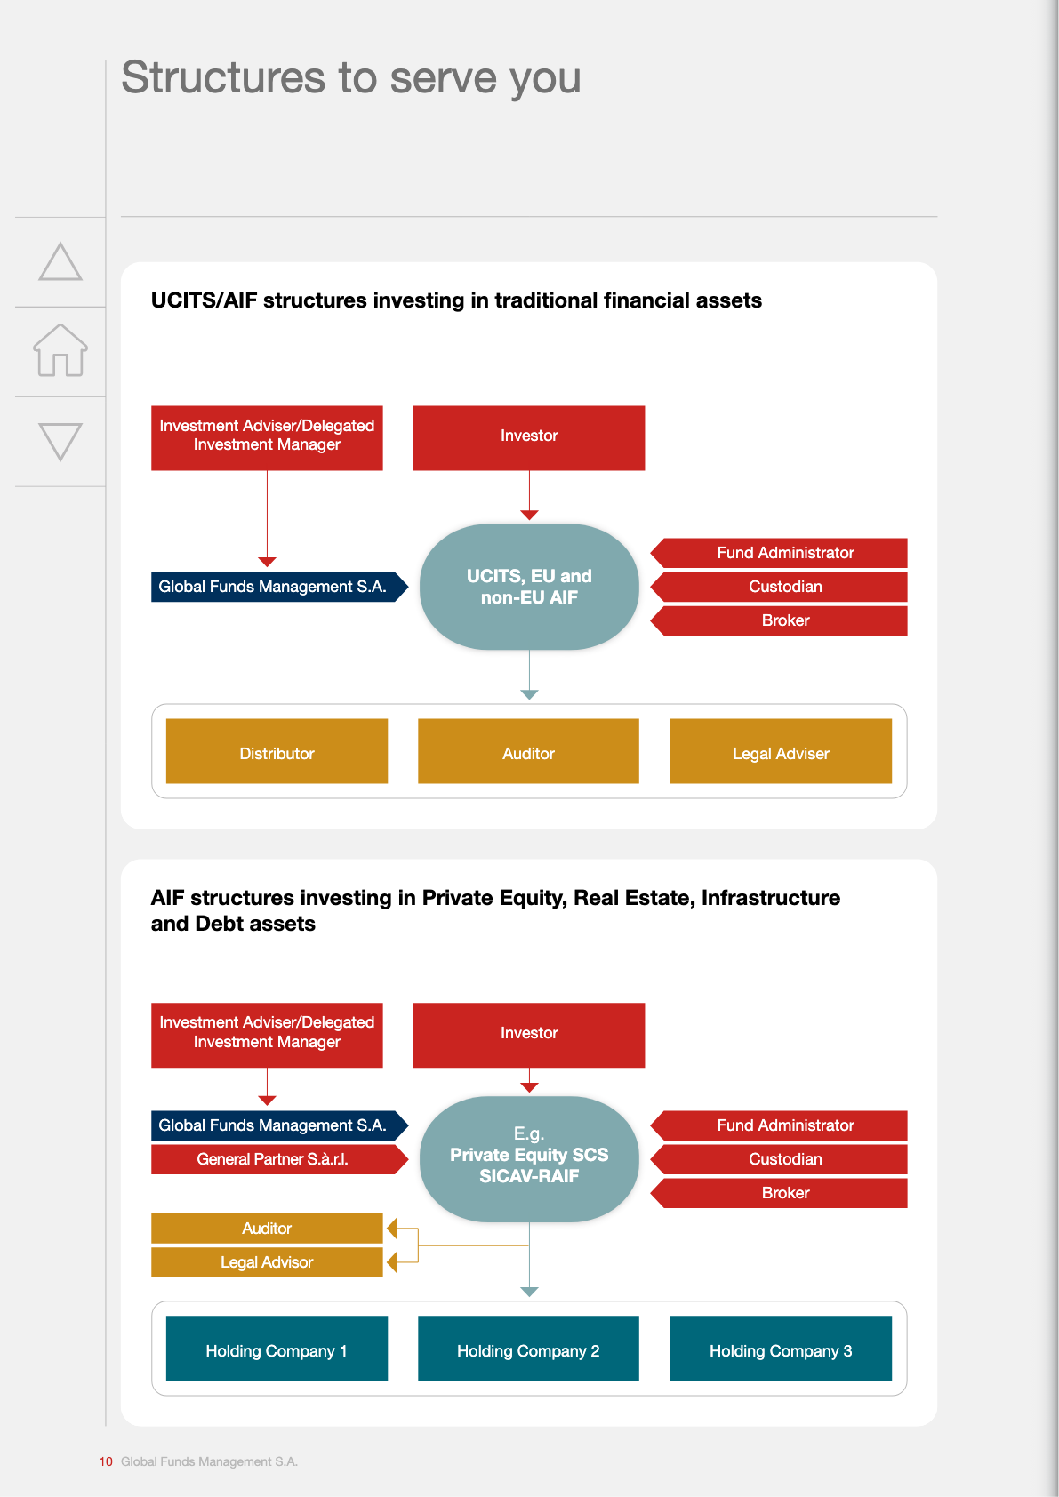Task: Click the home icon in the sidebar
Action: (x=60, y=351)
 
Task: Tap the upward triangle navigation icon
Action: (x=60, y=261)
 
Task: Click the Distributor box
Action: (x=277, y=751)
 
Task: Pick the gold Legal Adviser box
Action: (x=781, y=751)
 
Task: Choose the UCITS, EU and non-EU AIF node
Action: (x=529, y=587)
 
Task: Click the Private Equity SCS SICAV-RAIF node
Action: (x=529, y=1159)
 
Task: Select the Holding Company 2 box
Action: (x=528, y=1349)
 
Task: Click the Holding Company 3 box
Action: (x=781, y=1349)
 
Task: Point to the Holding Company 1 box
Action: (x=277, y=1349)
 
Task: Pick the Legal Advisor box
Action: (x=267, y=1262)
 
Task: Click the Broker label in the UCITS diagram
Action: (x=785, y=620)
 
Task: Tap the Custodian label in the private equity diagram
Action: (x=785, y=1159)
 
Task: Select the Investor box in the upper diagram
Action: (x=529, y=437)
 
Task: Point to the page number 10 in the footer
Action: (x=106, y=1461)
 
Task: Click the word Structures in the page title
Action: (x=223, y=77)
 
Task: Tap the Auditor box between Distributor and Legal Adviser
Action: (x=528, y=751)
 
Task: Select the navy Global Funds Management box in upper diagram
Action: (x=279, y=587)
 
